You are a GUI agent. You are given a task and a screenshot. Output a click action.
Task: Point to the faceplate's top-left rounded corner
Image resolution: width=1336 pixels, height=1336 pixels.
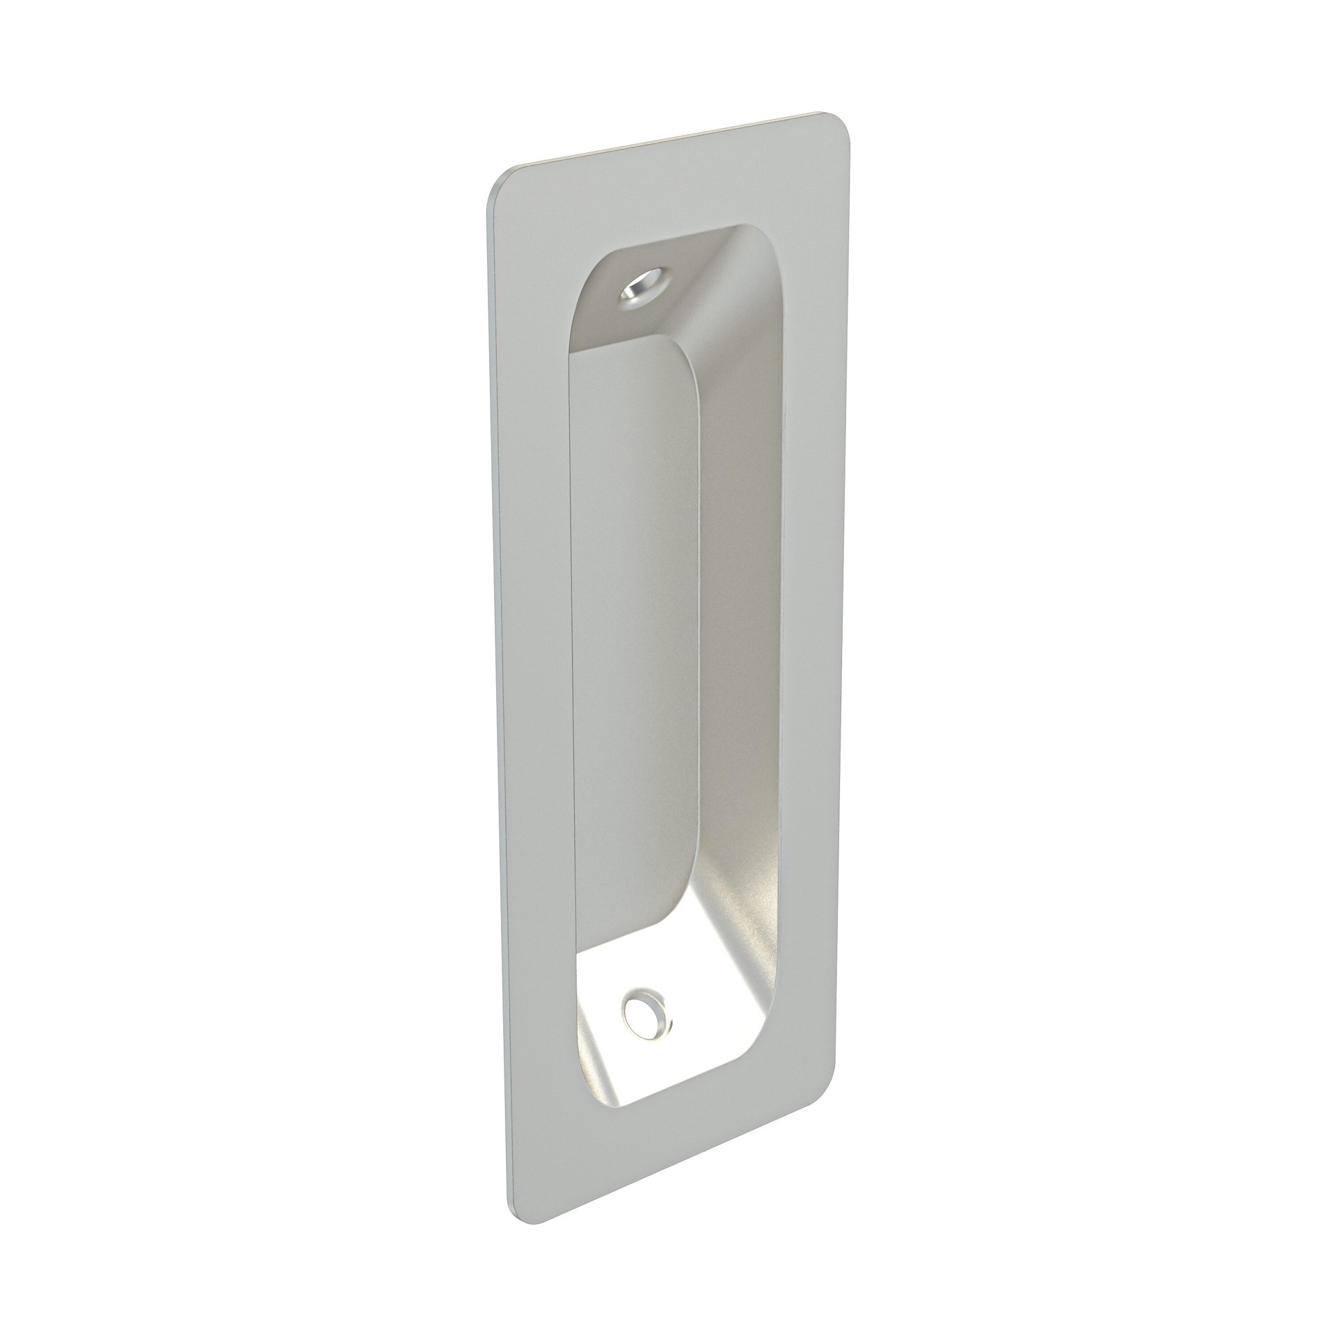pyautogui.click(x=503, y=183)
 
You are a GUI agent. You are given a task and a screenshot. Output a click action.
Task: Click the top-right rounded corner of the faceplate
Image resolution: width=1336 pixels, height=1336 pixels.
pyautogui.click(x=838, y=124)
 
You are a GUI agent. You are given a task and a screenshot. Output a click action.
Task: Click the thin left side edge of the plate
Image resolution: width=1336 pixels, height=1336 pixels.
pyautogui.click(x=495, y=696)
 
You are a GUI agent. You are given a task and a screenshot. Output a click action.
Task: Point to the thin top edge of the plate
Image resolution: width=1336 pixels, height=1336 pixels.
pyautogui.click(x=668, y=141)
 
